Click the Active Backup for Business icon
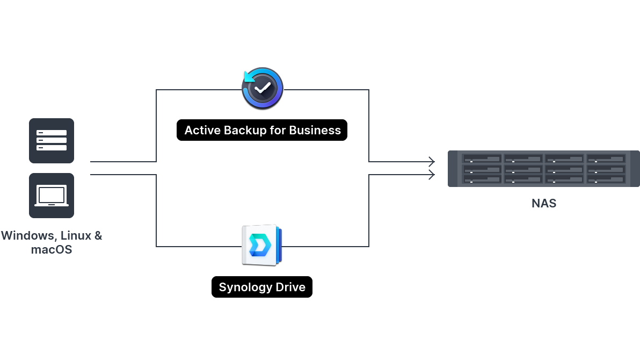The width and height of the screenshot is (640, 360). click(x=263, y=89)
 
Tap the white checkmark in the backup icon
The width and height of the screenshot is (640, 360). click(x=263, y=89)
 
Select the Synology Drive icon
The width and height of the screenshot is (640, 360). click(x=262, y=245)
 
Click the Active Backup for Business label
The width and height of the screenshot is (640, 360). click(x=262, y=131)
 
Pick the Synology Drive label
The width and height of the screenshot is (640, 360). click(x=262, y=287)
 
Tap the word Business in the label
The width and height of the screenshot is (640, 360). click(x=315, y=131)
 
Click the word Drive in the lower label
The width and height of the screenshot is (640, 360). click(x=290, y=287)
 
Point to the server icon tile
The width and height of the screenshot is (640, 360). click(x=52, y=140)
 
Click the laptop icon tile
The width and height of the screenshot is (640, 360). click(x=52, y=196)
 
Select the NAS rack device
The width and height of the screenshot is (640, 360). click(x=543, y=169)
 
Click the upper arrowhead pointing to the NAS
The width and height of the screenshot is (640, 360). click(x=432, y=161)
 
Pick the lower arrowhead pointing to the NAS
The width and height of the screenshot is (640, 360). click(x=432, y=175)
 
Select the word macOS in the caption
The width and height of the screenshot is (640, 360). click(x=52, y=249)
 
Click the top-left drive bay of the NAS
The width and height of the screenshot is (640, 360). click(x=482, y=159)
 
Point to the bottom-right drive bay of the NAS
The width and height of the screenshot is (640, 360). click(x=606, y=179)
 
